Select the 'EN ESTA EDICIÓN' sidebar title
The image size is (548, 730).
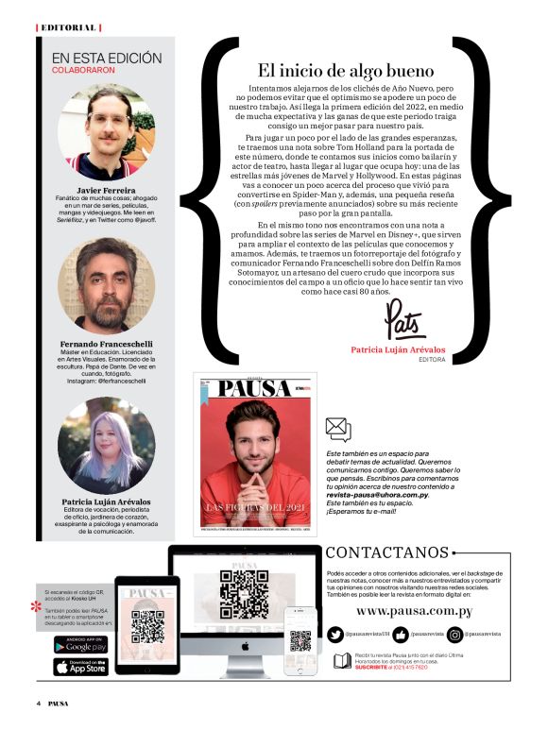pyautogui.click(x=107, y=59)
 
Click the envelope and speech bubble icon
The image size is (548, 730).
pyautogui.click(x=337, y=430)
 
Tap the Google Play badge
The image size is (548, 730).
pyautogui.click(x=80, y=645)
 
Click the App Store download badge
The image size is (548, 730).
pyautogui.click(x=80, y=666)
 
